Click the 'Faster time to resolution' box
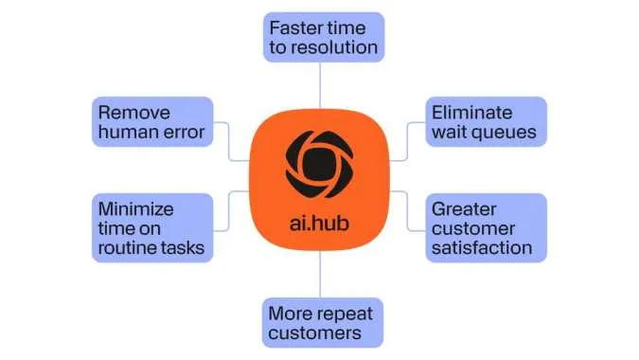click(322, 37)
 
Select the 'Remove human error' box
click(150, 121)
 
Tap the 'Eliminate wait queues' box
click(485, 121)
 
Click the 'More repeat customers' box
click(321, 322)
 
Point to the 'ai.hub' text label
click(320, 225)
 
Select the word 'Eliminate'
click(472, 111)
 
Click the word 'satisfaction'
click(482, 249)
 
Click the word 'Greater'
click(465, 207)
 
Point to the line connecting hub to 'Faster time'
click(320, 85)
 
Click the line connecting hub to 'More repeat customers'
click(320, 275)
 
